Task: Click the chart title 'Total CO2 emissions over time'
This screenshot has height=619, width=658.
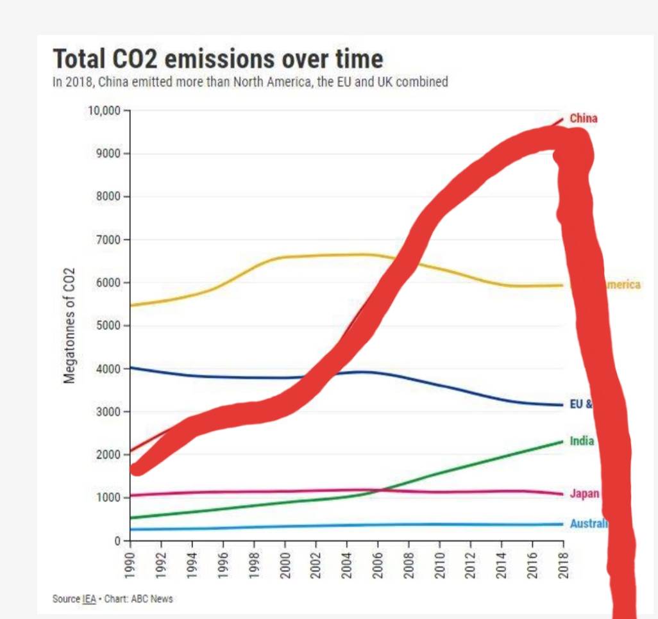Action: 217,59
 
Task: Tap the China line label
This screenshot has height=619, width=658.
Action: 583,118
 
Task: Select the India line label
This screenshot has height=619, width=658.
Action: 582,441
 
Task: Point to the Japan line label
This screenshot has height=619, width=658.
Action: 584,493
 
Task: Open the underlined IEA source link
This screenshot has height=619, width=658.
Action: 89,599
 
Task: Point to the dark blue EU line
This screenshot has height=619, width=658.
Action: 192,375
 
